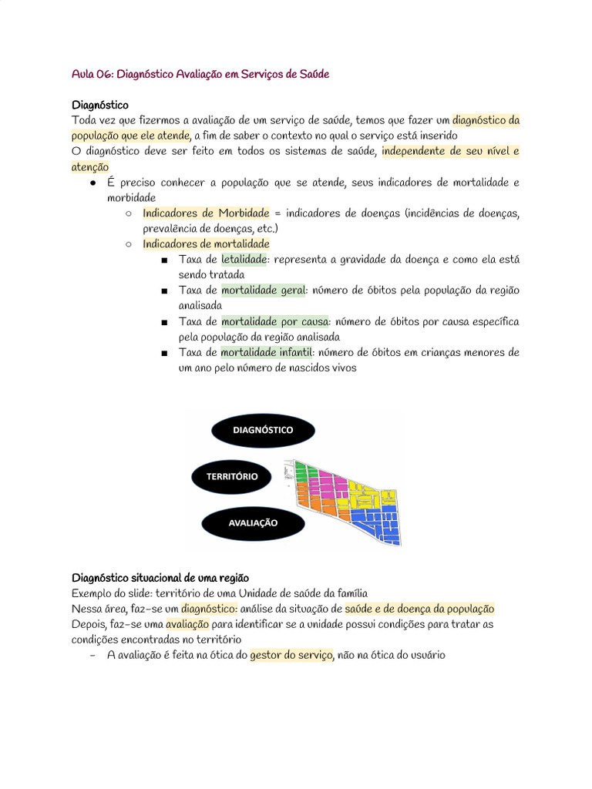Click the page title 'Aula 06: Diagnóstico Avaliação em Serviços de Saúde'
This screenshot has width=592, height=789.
(x=200, y=74)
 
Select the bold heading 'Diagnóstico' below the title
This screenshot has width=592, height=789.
(x=100, y=105)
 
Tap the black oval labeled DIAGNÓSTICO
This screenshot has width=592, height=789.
(x=263, y=430)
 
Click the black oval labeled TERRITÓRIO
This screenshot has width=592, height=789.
(x=231, y=476)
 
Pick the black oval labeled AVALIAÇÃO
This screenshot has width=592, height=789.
(x=252, y=522)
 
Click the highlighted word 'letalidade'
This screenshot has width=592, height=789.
(x=244, y=260)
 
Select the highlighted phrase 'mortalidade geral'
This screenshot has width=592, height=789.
(x=263, y=290)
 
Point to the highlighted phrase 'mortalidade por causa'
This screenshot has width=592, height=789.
(x=275, y=321)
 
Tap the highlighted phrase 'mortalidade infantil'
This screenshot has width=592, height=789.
(x=267, y=352)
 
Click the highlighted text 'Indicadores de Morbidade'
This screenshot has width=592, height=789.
(x=206, y=213)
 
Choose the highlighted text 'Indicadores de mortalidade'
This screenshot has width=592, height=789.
(x=206, y=244)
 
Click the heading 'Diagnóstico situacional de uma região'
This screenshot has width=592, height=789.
(x=160, y=578)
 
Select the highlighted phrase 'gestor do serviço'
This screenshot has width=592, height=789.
(x=291, y=655)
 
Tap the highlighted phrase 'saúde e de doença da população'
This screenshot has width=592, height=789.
(x=419, y=609)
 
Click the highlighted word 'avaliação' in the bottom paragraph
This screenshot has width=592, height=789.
(x=187, y=624)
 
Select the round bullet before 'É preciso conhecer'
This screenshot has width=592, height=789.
(x=92, y=183)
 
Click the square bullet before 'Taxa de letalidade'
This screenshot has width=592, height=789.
(x=164, y=260)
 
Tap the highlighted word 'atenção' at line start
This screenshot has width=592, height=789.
(x=90, y=167)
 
